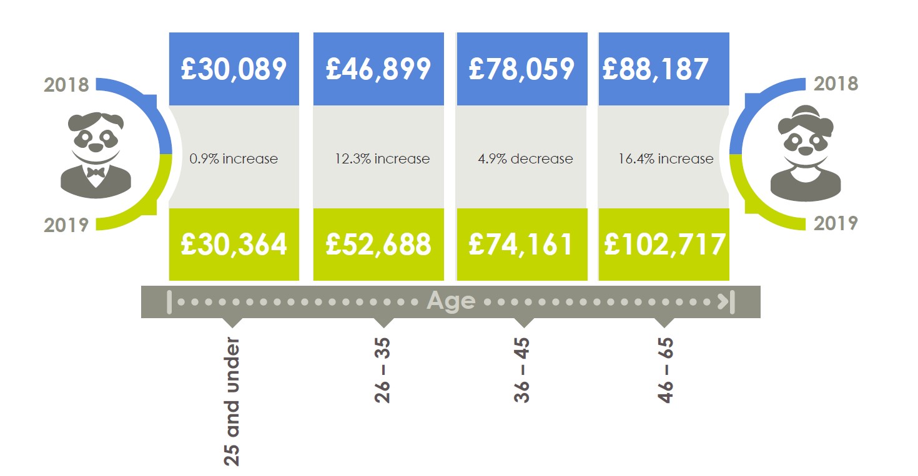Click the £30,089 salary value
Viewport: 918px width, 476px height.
(234, 69)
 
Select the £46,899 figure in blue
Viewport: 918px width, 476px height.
(378, 69)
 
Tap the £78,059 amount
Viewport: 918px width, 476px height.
(521, 69)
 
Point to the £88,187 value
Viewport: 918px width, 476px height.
(655, 69)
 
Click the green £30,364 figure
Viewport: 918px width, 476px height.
(234, 244)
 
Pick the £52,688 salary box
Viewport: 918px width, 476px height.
(378, 244)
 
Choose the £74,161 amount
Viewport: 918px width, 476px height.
(521, 244)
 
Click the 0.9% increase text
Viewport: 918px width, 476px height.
(234, 158)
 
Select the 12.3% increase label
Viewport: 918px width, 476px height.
(382, 158)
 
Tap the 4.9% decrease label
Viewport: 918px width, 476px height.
(525, 158)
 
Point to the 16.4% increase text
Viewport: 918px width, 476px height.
(666, 158)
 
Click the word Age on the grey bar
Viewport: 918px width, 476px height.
(451, 301)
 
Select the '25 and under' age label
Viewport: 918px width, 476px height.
(232, 403)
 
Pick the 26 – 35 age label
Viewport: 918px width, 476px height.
(382, 371)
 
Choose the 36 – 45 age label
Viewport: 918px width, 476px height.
(522, 371)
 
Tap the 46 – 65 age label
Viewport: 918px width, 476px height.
(665, 371)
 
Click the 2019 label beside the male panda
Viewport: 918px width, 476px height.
(66, 224)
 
